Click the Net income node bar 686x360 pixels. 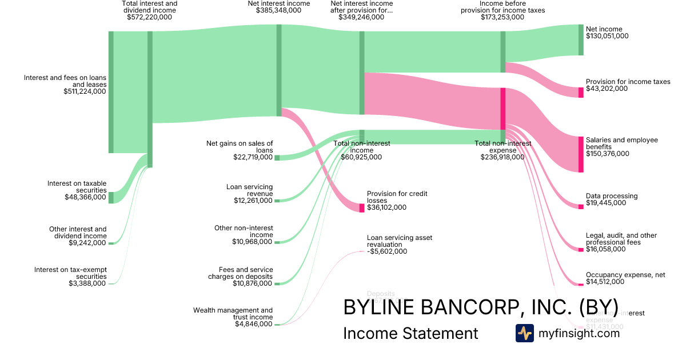[x=581, y=40]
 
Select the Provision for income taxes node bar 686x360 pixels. [x=581, y=93]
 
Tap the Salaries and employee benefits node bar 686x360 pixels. [x=581, y=154]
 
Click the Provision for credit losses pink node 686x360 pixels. [x=361, y=208]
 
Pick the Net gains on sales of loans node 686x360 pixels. [x=277, y=158]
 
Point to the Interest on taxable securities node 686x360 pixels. [x=111, y=198]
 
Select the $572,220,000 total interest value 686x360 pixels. [x=149, y=17]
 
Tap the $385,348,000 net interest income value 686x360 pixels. [x=278, y=11]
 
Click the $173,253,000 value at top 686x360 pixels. [x=502, y=17]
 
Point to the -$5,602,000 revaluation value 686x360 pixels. [x=387, y=251]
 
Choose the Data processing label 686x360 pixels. [x=611, y=196]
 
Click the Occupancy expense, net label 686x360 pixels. [x=625, y=275]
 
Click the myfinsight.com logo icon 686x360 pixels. [x=524, y=333]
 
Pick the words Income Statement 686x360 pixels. [x=410, y=334]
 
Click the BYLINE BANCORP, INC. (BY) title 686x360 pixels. [x=480, y=307]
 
